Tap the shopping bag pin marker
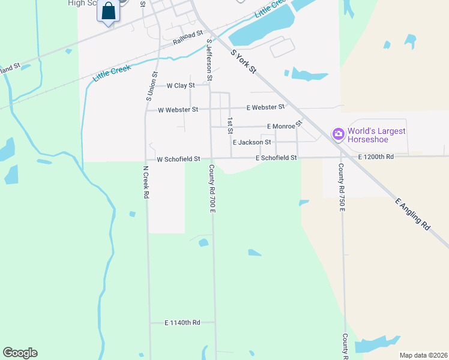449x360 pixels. tap(108, 11)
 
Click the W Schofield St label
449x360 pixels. tap(178, 159)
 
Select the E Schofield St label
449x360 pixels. tap(276, 158)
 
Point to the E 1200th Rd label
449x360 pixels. tap(376, 157)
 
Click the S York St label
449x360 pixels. tap(244, 61)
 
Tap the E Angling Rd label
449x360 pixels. tap(413, 215)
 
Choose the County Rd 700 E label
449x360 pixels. tap(212, 188)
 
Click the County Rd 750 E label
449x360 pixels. tap(341, 188)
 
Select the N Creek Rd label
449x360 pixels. tap(145, 182)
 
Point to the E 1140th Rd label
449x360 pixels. tap(182, 323)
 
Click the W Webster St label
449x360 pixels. tap(178, 110)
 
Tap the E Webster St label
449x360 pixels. tap(265, 107)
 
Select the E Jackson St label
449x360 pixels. tap(252, 142)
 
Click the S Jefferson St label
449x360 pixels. tap(209, 60)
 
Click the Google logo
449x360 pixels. tap(20, 353)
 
